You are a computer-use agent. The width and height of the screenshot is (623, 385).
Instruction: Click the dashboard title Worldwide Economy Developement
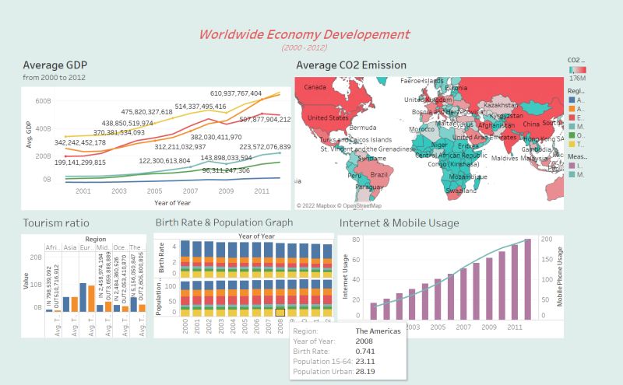pos(304,34)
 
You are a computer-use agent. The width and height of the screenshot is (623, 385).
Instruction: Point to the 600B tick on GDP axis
pos(41,101)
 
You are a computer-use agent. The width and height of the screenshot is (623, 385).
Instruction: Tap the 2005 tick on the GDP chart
pos(155,191)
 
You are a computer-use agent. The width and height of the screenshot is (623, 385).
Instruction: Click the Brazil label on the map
pos(379,175)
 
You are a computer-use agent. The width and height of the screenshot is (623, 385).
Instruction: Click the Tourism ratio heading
pos(51,223)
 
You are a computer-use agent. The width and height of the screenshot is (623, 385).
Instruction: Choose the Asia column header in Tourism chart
pos(69,248)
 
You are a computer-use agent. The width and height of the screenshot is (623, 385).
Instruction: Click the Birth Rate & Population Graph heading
pos(224,223)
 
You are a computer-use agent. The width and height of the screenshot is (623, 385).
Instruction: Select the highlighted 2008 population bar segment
pos(280,312)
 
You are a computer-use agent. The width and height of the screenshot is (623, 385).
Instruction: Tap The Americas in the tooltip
pos(379,331)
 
